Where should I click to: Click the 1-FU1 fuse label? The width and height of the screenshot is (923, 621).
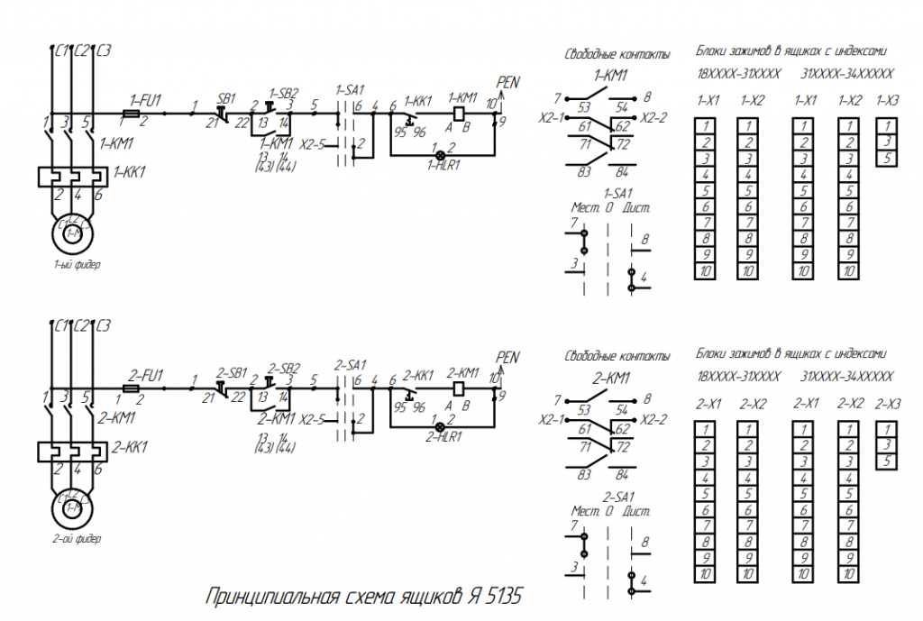[145, 100]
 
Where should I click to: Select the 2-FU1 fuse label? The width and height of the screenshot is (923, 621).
[145, 374]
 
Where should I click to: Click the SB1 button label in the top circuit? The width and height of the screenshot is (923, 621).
[226, 98]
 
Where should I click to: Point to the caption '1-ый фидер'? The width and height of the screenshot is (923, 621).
[77, 266]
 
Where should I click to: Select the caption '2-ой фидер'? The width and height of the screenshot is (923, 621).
[77, 540]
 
